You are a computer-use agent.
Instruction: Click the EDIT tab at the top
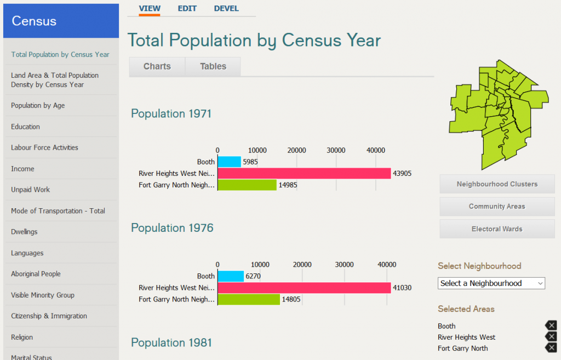pos(187,8)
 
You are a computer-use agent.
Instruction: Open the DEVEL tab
pos(226,8)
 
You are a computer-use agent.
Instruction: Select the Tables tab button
pos(213,66)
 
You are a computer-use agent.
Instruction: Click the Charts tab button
pos(157,66)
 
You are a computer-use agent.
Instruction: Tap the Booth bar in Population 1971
pos(229,162)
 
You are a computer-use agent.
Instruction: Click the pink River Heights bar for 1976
pos(304,288)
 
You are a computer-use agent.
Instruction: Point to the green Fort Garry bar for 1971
pos(247,185)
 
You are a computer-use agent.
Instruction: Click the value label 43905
pos(402,174)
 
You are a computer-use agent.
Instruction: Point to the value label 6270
pos(253,276)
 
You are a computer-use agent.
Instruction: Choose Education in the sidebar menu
pos(25,127)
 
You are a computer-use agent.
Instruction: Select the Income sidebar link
pos(22,169)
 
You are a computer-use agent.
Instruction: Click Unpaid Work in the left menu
pos(30,190)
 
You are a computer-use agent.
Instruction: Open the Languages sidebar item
pos(27,253)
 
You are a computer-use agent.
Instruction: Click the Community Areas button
pos(497,207)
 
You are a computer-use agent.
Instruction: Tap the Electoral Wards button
pos(497,229)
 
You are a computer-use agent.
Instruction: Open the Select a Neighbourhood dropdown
pos(491,283)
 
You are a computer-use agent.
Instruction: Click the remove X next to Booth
pos(551,325)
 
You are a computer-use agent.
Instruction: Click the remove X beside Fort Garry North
pos(551,348)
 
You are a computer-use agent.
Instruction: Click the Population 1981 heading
pos(171,342)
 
